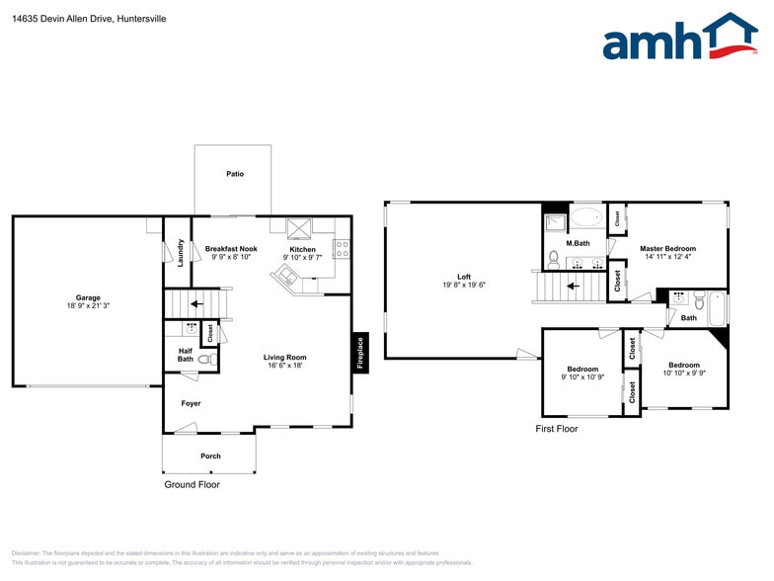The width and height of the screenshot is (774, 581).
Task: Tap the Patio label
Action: pyautogui.click(x=234, y=174)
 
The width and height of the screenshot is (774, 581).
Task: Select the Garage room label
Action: pyautogui.click(x=88, y=297)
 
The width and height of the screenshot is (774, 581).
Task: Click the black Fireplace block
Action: pyautogui.click(x=360, y=353)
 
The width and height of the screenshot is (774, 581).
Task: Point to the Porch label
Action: pyautogui.click(x=210, y=456)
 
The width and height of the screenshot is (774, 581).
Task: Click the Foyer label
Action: pyautogui.click(x=191, y=403)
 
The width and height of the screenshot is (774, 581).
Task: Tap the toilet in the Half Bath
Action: pyautogui.click(x=205, y=361)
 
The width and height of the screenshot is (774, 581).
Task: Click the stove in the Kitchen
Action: pyautogui.click(x=342, y=248)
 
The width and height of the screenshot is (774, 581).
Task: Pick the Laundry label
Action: pyautogui.click(x=181, y=252)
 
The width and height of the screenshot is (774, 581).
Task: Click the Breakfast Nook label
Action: pyautogui.click(x=231, y=249)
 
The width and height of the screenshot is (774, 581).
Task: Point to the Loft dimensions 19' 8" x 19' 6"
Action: pyautogui.click(x=464, y=285)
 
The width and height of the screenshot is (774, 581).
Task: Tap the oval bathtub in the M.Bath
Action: pyautogui.click(x=586, y=218)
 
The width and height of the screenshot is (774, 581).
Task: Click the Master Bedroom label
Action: pyautogui.click(x=667, y=249)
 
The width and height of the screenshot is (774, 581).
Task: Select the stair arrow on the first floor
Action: pyautogui.click(x=571, y=289)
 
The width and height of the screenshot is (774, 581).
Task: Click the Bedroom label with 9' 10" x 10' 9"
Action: pyautogui.click(x=582, y=369)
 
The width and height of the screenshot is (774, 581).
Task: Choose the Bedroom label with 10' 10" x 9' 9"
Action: pyautogui.click(x=683, y=365)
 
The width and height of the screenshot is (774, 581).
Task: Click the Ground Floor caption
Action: pyautogui.click(x=192, y=485)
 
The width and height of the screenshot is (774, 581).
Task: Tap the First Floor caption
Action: pyautogui.click(x=557, y=429)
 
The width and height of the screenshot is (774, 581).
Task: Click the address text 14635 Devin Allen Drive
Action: pyautogui.click(x=65, y=19)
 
